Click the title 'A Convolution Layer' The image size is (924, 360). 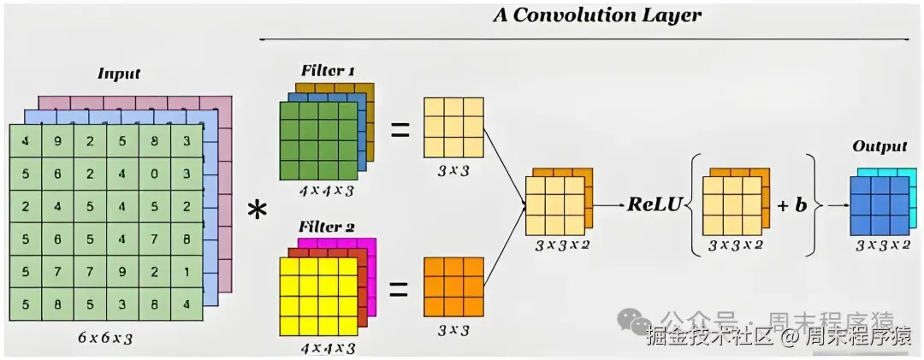pyautogui.click(x=596, y=15)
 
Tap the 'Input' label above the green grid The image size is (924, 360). pyautogui.click(x=119, y=74)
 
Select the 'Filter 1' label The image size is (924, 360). pyautogui.click(x=328, y=70)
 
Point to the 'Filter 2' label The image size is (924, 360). pyautogui.click(x=328, y=227)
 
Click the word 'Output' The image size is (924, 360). pyautogui.click(x=879, y=146)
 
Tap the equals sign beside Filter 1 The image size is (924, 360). pyautogui.click(x=399, y=130)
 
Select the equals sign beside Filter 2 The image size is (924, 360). pyautogui.click(x=399, y=289)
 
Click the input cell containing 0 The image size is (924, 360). pyautogui.click(x=155, y=174)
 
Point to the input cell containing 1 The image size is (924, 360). pyautogui.click(x=187, y=273)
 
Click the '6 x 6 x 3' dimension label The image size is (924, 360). pyautogui.click(x=104, y=338)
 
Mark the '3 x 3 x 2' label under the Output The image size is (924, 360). pyautogui.click(x=882, y=245)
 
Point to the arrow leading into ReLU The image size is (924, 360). pyautogui.click(x=607, y=206)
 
